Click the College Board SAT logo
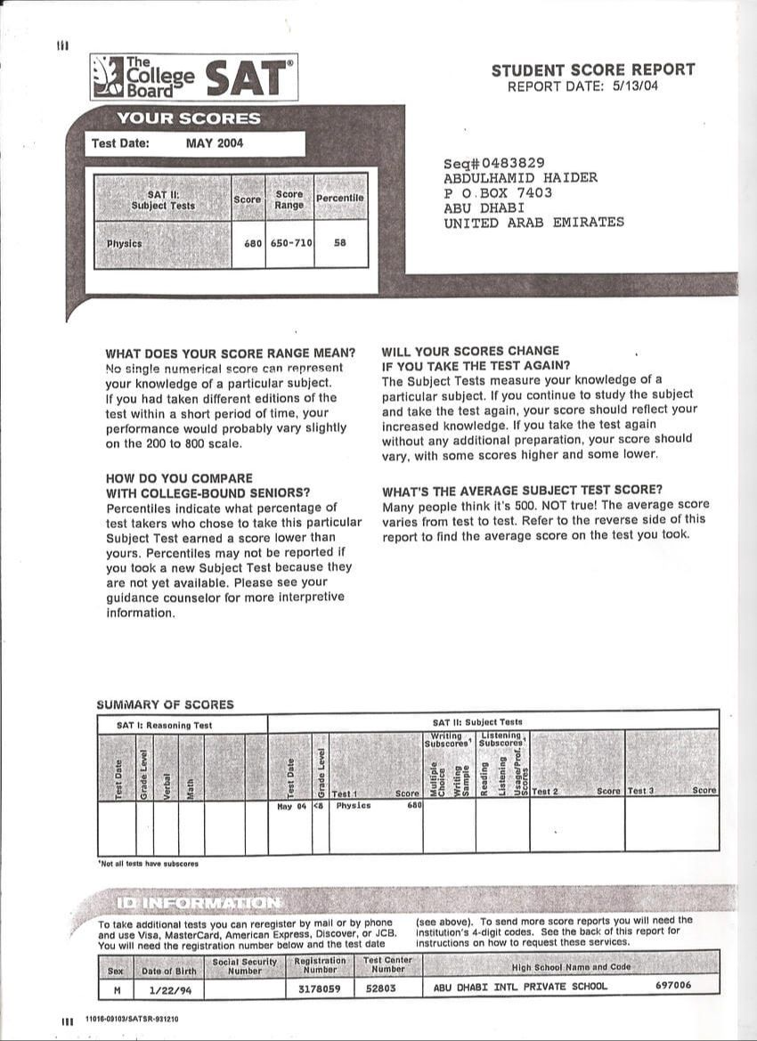(x=193, y=77)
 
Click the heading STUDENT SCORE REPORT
(x=593, y=69)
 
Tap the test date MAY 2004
(x=214, y=143)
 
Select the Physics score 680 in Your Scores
(x=253, y=242)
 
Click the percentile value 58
(x=340, y=242)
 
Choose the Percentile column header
(x=340, y=198)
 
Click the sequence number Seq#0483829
(x=494, y=163)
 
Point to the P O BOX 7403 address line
(x=498, y=192)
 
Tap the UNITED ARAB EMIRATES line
(x=534, y=223)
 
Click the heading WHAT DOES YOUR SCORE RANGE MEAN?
(x=230, y=352)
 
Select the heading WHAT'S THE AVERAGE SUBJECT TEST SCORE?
(x=523, y=490)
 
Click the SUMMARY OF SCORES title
(x=165, y=704)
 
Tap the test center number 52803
(x=385, y=987)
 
